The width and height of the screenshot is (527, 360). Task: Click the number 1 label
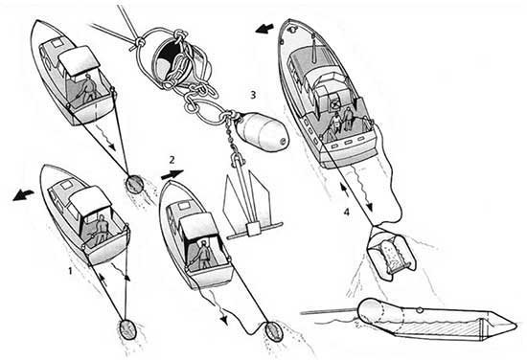point(70,270)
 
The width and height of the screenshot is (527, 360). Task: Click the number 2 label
point(172,160)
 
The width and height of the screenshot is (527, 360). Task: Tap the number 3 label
point(253,95)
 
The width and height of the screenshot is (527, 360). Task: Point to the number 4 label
point(347,212)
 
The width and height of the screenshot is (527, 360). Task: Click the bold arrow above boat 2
point(172,174)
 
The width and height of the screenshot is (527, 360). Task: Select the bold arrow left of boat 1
point(23,194)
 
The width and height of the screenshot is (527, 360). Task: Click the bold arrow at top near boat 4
point(264,30)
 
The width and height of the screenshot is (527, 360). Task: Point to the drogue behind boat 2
point(274,332)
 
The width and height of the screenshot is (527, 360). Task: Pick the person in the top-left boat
point(87,89)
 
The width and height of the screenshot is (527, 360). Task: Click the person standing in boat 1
point(100,230)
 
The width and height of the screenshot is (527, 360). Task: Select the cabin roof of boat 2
point(198,226)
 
